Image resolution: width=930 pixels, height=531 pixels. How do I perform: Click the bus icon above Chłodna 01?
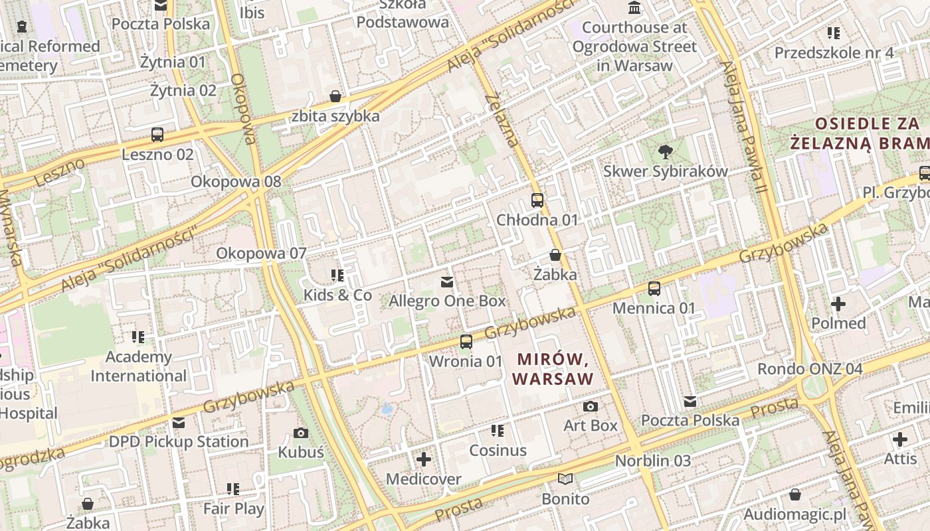pyautogui.click(x=537, y=200)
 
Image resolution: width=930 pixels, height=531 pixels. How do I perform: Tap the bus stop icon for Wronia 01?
pyautogui.click(x=466, y=342)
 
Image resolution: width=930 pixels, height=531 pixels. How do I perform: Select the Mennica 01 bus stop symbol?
pyautogui.click(x=654, y=288)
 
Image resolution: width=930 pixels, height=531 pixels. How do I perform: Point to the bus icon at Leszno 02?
pyautogui.click(x=157, y=135)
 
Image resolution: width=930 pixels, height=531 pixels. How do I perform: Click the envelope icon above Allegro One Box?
pyautogui.click(x=447, y=282)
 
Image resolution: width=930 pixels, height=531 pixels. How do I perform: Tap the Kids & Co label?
pyautogui.click(x=337, y=295)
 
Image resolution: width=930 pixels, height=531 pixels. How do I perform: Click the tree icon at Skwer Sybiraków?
pyautogui.click(x=665, y=151)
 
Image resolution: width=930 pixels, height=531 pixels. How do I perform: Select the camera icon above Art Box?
pyautogui.click(x=591, y=406)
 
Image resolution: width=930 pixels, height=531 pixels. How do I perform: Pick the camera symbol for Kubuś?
pyautogui.click(x=301, y=433)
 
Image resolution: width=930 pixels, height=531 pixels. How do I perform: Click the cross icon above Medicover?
pyautogui.click(x=424, y=459)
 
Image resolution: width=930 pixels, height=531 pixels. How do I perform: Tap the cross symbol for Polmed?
pyautogui.click(x=838, y=304)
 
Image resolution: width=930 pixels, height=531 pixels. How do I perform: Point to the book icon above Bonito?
pyautogui.click(x=565, y=479)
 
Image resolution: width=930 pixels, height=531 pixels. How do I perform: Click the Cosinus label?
pyautogui.click(x=498, y=450)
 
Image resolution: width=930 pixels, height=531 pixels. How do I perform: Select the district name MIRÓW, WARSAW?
pyautogui.click(x=554, y=369)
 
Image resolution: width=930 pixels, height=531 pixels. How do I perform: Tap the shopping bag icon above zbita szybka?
pyautogui.click(x=336, y=96)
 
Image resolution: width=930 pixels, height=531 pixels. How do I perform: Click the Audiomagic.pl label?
pyautogui.click(x=794, y=514)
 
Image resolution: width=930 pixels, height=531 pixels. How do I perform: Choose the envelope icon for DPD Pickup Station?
pyautogui.click(x=179, y=423)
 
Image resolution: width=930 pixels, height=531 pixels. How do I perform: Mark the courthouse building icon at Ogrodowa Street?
pyautogui.click(x=634, y=9)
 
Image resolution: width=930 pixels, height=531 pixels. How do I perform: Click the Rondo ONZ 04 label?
pyautogui.click(x=810, y=368)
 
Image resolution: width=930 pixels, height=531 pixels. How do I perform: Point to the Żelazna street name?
pyautogui.click(x=502, y=120)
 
